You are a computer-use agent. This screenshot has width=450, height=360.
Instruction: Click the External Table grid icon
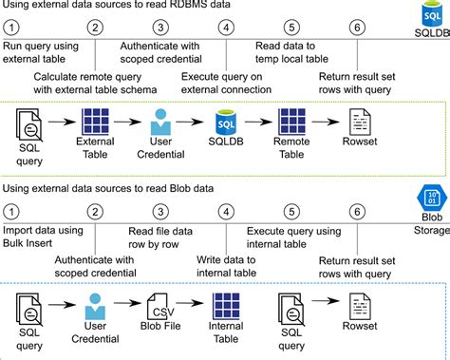(x=95, y=122)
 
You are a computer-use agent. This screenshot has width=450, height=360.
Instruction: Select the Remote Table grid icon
(x=291, y=122)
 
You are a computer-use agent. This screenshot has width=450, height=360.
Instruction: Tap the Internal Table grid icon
(x=226, y=306)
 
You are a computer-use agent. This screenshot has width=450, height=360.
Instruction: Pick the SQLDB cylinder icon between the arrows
(x=226, y=122)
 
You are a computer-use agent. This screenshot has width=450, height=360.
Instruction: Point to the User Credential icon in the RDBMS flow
(x=160, y=122)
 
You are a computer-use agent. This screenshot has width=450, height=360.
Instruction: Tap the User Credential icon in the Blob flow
(x=95, y=306)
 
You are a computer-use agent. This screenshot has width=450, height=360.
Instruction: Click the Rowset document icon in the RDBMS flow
(x=360, y=122)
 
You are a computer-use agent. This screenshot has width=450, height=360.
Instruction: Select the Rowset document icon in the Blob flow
(x=360, y=306)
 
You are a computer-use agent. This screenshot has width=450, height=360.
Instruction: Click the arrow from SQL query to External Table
(x=62, y=122)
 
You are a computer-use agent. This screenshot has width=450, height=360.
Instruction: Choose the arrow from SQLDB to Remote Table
(x=258, y=122)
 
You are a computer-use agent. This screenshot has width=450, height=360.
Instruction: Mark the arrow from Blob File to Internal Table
(x=190, y=303)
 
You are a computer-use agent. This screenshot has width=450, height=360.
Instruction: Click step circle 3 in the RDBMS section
(x=160, y=28)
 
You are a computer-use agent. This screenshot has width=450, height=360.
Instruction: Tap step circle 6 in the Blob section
(x=357, y=212)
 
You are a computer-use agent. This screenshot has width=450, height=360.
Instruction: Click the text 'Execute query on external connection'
(x=226, y=83)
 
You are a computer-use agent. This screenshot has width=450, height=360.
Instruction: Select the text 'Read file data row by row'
(x=160, y=237)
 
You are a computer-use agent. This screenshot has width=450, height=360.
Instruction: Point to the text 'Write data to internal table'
(x=226, y=266)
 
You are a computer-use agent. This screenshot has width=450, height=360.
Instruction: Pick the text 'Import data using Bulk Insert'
(x=43, y=237)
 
